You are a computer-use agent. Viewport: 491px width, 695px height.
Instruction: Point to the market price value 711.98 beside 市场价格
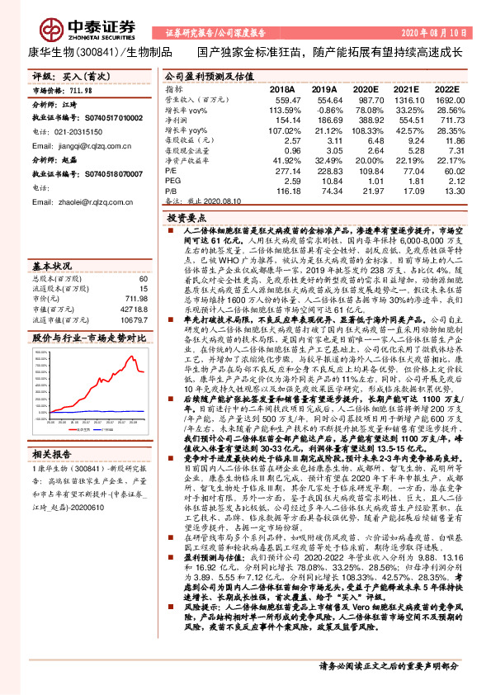(81, 92)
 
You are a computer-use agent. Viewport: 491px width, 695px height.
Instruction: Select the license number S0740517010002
(100, 118)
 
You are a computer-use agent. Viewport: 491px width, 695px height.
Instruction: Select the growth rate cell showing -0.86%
(325, 109)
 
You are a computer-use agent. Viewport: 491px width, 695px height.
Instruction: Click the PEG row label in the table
(174, 181)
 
